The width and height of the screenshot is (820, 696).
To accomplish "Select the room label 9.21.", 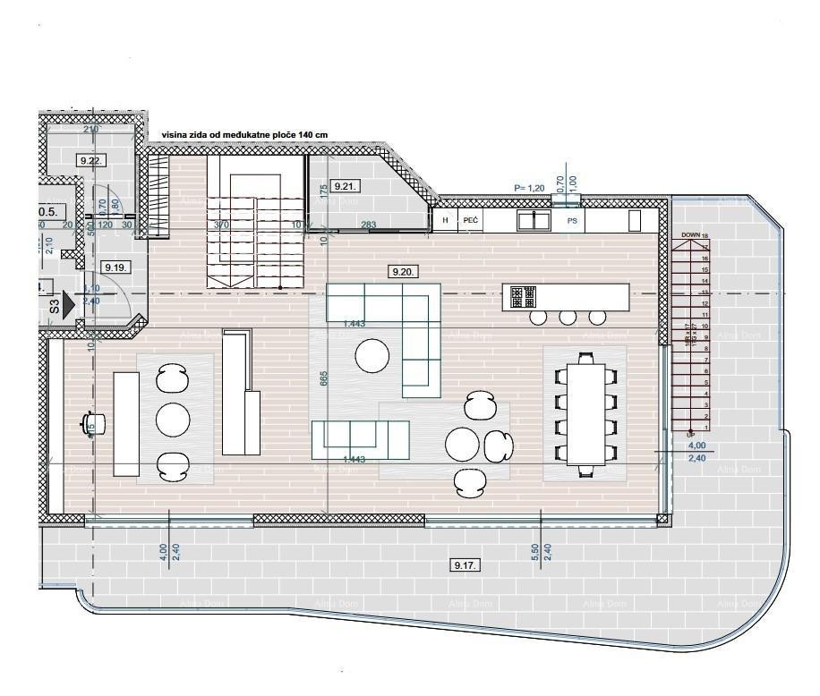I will coord(345,186).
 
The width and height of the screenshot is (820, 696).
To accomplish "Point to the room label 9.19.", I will coord(115,267).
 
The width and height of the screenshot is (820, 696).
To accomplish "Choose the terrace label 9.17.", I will coord(466,564).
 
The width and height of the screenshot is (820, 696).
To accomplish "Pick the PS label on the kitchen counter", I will coord(572,219).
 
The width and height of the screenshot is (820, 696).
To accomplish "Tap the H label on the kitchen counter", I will coord(444,219).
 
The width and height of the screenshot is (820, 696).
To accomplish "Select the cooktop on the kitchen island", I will coord(523,296).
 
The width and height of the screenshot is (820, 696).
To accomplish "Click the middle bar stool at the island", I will coord(568,317).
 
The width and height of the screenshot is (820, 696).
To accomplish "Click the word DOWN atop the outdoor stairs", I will coord(690,235).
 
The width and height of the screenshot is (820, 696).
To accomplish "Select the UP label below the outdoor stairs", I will coord(690,435).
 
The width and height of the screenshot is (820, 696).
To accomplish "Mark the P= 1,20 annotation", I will coord(529,188).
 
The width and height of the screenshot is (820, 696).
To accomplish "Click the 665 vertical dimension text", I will coord(323,380).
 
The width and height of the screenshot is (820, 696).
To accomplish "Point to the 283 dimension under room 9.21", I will coord(367,225).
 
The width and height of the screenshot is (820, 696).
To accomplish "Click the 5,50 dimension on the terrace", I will coord(535,552).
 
